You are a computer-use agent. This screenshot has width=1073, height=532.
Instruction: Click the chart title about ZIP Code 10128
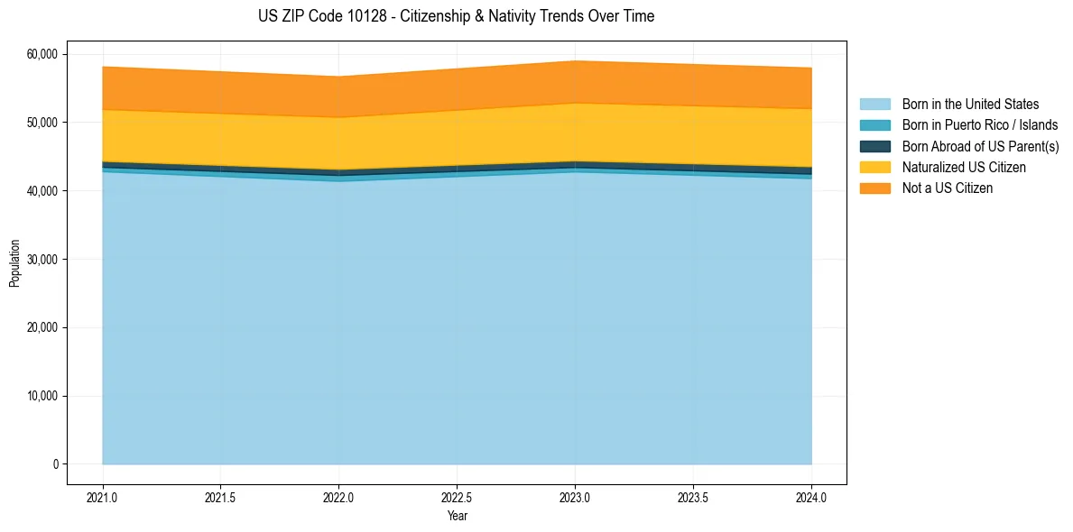pos(456,16)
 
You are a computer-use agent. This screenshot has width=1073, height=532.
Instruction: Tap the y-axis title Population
pos(14,262)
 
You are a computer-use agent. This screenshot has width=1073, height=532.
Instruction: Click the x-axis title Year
pos(457,517)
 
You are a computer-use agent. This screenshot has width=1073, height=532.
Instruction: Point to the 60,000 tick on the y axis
pos(42,54)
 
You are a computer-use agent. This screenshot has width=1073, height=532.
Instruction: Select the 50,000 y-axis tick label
pos(42,123)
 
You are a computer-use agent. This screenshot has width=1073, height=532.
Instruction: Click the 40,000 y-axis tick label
pos(42,191)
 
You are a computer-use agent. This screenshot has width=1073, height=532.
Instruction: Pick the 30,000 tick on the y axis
pos(42,260)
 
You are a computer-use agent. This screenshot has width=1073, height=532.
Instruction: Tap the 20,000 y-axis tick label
pos(42,327)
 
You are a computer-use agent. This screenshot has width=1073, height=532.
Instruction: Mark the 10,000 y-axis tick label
pos(42,396)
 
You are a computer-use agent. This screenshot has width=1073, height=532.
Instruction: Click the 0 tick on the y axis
pos(56,464)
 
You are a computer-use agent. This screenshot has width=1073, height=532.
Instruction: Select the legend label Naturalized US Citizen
pos(964,168)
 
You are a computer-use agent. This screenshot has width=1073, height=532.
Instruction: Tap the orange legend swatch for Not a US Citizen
pos(874,188)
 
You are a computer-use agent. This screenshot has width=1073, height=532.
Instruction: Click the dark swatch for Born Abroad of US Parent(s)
pos(874,146)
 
